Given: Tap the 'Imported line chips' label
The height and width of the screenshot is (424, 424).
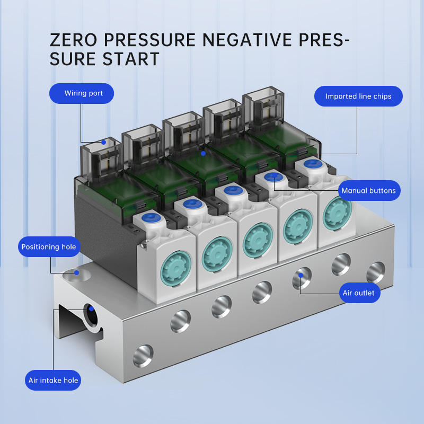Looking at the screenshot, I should click(358, 96).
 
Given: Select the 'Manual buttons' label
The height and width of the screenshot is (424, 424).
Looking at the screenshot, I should click(368, 191).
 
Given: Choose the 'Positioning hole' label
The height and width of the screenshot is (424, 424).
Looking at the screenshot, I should click(49, 247).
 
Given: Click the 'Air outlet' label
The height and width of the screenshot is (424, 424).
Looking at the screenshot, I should click(359, 293).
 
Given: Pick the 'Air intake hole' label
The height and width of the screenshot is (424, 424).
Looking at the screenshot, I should click(53, 380).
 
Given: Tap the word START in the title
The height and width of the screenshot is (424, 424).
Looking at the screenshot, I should click(129, 59).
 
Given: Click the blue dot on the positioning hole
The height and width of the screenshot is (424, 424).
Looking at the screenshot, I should click(77, 273).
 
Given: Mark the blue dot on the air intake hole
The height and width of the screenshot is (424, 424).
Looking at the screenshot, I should click(92, 308).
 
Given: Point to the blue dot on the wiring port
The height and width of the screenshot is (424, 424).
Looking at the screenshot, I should click(104, 142).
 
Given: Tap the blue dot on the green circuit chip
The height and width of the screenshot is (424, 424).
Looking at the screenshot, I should click(203, 153).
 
